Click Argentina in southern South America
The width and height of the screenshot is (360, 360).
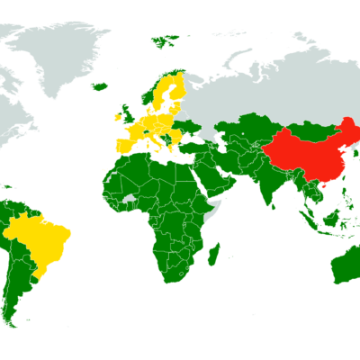click(x=18, y=288)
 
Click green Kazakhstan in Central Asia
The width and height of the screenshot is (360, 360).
click(x=243, y=127)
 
